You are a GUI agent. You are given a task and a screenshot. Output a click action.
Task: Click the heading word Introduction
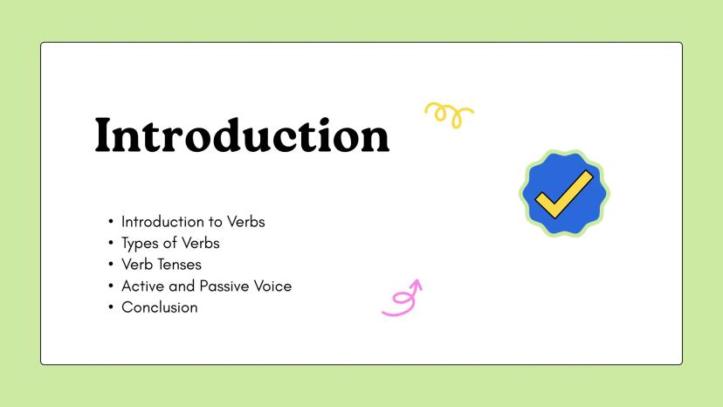pos(242,135)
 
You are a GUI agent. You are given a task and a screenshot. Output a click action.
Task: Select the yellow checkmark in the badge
pos(563,195)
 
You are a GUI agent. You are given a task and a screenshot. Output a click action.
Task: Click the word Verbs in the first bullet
pos(245,222)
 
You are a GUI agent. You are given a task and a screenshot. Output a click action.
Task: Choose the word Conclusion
pos(160,307)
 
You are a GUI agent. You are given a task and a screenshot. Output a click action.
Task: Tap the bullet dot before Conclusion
pos(111,307)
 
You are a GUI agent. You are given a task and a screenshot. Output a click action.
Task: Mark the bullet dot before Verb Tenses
pos(111,265)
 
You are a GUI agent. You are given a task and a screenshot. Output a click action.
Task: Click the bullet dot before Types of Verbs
pos(111,243)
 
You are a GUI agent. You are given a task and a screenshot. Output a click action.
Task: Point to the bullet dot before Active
pos(111,286)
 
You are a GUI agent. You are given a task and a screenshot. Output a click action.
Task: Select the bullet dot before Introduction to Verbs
pos(111,222)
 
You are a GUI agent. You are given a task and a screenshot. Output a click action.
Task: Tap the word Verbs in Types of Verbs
pos(201,243)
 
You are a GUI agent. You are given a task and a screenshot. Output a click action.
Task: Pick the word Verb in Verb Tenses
pos(137,265)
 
